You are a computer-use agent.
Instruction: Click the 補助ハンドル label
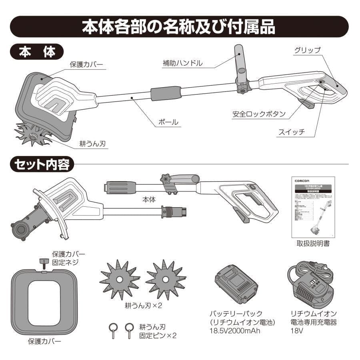click(182, 63)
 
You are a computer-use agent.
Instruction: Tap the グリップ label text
click(307, 50)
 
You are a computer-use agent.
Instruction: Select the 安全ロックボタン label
click(259, 114)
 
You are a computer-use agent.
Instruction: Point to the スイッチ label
click(291, 132)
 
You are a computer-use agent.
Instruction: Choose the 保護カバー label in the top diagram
click(86, 64)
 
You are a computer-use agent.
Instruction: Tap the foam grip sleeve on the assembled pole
click(165, 94)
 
